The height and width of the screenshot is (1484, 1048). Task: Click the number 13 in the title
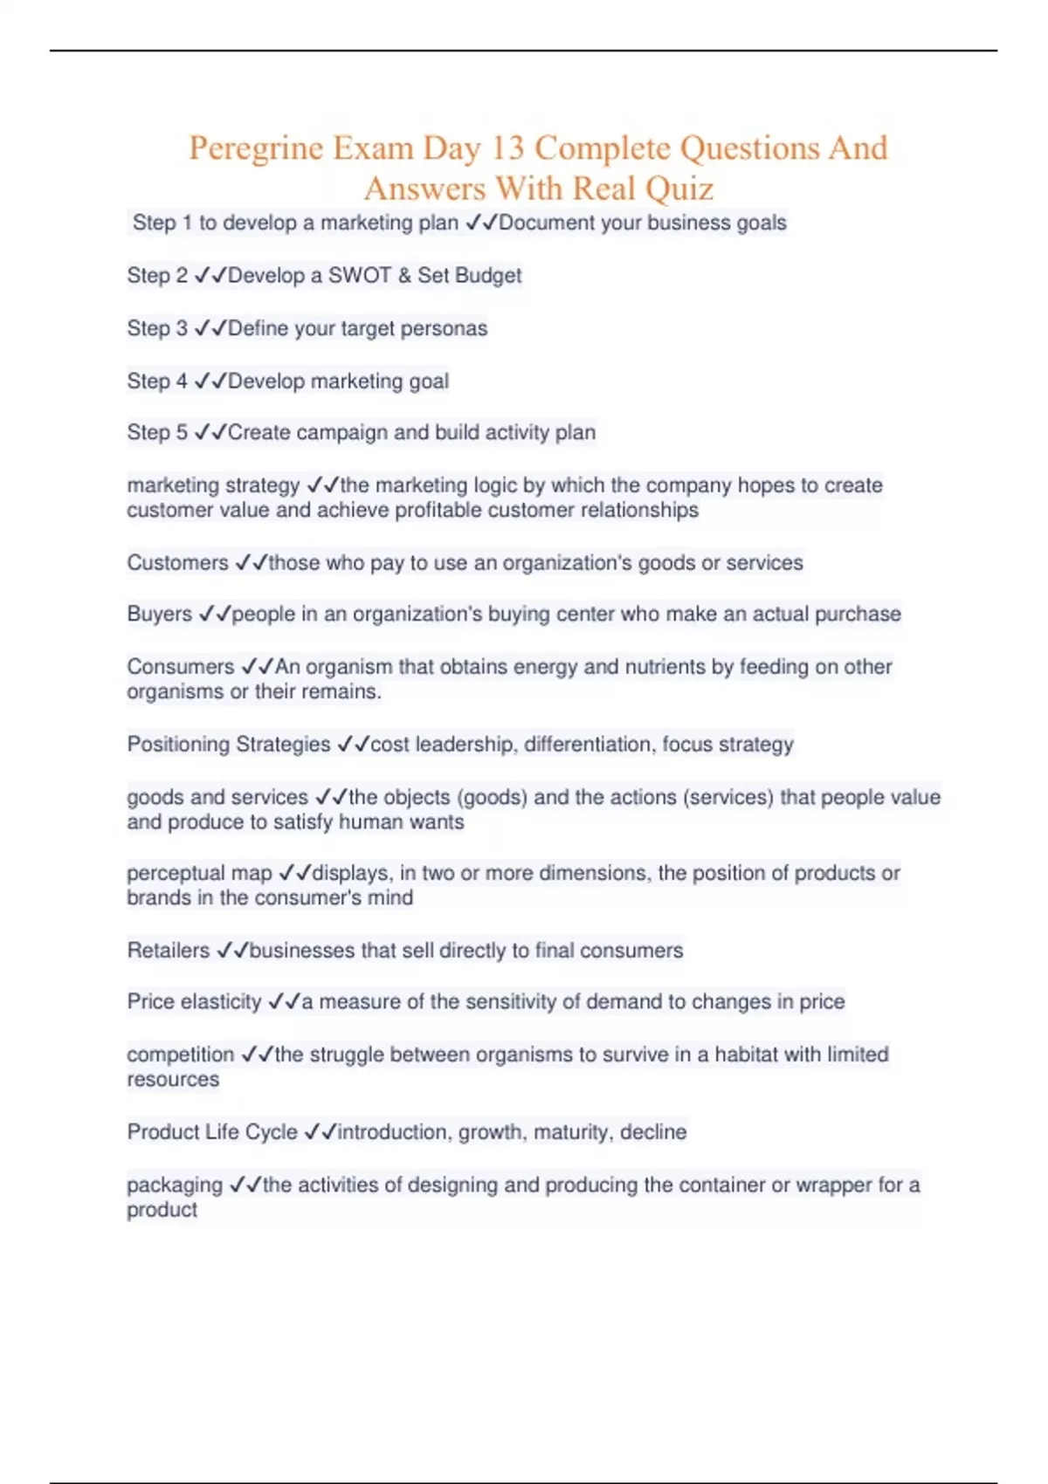[507, 148]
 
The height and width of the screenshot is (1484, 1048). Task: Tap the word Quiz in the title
[679, 189]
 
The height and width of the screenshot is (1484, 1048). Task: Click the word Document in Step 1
[546, 223]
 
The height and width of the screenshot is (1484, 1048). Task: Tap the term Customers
[177, 563]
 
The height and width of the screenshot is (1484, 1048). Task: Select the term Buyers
[159, 615]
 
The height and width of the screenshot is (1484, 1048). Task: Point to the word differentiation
[589, 745]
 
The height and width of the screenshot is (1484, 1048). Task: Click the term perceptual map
[199, 874]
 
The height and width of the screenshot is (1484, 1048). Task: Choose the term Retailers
[169, 951]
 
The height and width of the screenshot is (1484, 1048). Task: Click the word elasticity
[219, 1002]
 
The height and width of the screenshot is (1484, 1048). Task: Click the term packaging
[175, 1185]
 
